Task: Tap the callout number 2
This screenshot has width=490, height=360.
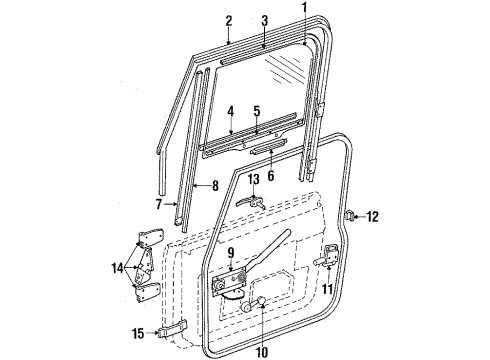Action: [228, 20]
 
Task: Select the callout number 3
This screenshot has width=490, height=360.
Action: [264, 20]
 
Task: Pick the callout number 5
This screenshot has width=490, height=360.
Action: [256, 110]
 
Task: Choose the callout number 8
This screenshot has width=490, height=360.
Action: [215, 186]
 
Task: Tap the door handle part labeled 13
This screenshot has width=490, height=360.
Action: [249, 199]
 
